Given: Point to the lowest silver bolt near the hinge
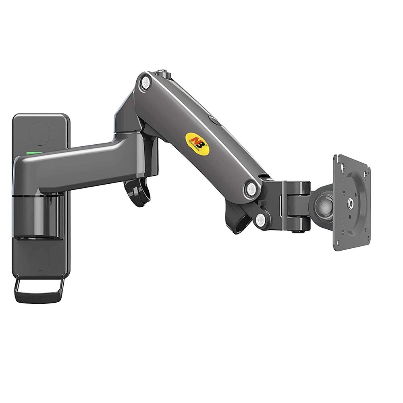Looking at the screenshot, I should coord(261,220).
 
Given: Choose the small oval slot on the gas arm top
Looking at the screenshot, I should coord(212,119).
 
